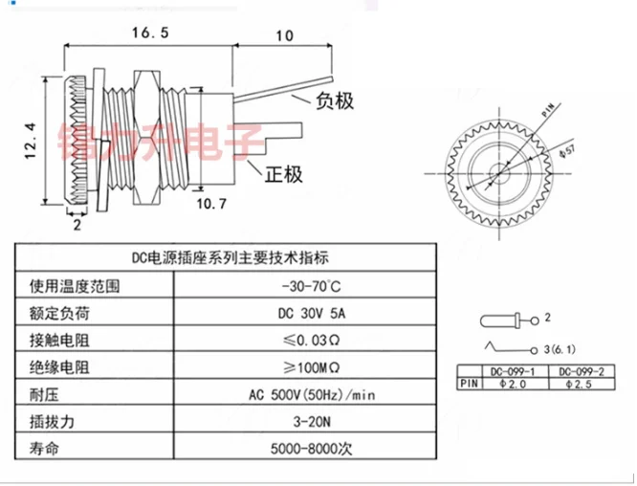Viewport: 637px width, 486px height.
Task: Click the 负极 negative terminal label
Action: [332, 99]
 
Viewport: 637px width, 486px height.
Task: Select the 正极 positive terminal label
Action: [286, 174]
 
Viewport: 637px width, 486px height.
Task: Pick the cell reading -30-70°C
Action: [313, 286]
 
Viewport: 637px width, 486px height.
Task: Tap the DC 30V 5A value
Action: [314, 313]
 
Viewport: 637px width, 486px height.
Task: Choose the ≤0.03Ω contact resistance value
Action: [312, 340]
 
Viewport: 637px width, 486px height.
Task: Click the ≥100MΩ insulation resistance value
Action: [314, 366]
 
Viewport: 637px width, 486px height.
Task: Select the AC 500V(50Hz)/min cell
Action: [314, 393]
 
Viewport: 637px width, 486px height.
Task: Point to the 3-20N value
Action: [312, 420]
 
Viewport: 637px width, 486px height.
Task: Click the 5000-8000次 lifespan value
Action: [313, 447]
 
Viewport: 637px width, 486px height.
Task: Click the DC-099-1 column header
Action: [514, 371]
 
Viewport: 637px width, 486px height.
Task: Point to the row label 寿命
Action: [45, 447]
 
